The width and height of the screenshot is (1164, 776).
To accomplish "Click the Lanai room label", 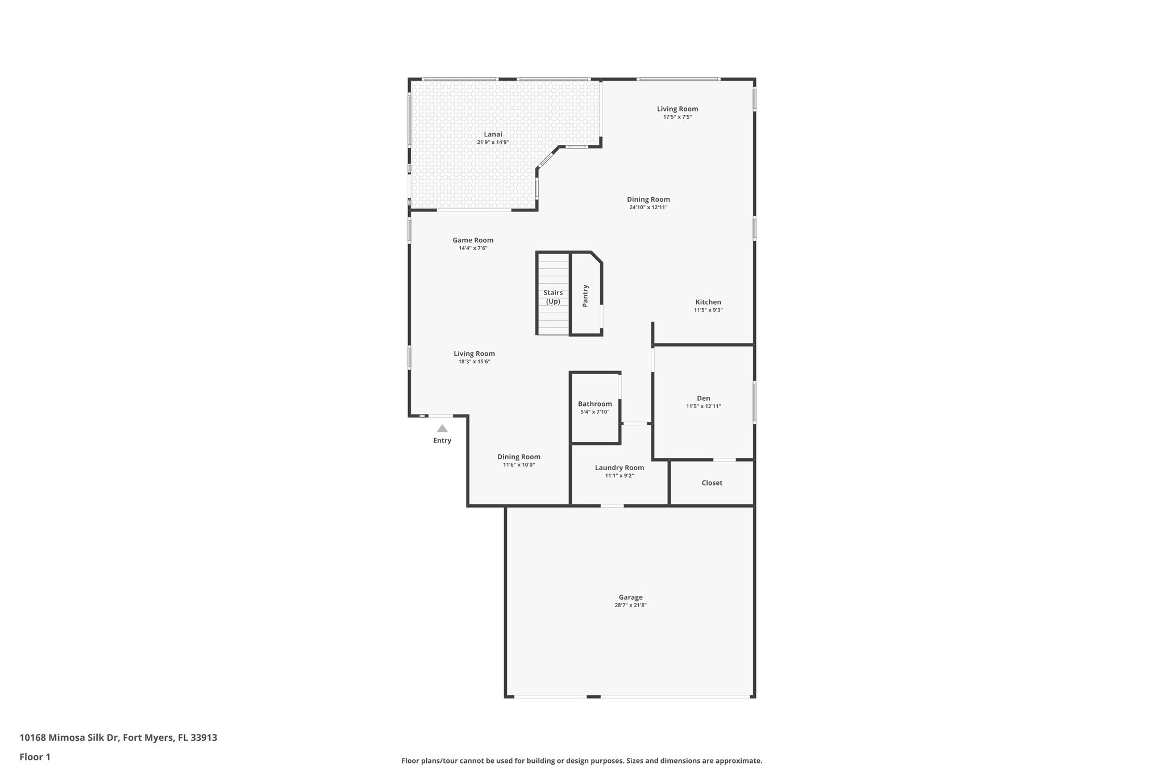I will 493,134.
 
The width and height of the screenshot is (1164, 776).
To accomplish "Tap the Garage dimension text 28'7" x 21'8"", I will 630,605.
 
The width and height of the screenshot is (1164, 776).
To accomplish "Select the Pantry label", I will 585,296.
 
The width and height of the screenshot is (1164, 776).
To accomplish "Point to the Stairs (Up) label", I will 553,297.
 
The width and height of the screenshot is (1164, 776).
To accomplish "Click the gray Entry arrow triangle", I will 442,429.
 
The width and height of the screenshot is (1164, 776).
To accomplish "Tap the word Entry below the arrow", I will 442,441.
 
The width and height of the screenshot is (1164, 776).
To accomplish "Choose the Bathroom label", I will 595,404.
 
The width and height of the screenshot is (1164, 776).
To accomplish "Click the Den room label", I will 703,399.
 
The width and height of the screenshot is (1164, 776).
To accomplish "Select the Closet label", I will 712,483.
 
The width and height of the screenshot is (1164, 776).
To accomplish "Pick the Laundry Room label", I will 620,468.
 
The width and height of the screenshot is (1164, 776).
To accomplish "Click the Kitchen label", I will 708,302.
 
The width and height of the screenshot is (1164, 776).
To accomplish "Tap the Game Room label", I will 473,240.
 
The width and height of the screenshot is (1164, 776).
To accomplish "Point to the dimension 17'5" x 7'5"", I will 677,117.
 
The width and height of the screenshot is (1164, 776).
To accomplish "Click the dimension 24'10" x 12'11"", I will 648,208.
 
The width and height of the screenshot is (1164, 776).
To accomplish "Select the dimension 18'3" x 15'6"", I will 474,362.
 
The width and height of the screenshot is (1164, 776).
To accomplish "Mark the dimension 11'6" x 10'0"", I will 518,465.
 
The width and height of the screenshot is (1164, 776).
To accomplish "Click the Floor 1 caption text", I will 35,757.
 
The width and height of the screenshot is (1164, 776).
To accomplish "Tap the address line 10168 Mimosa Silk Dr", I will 118,738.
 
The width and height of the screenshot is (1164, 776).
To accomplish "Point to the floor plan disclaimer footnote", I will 581,761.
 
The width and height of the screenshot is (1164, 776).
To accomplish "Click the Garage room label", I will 630,597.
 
